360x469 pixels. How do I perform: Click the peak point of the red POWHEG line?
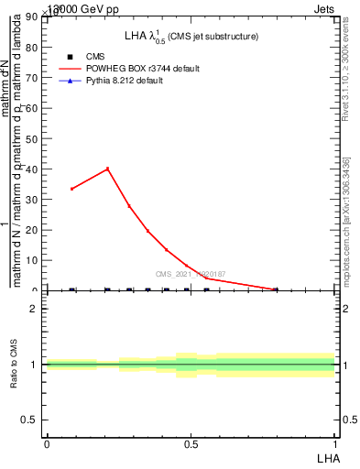coord(108,169)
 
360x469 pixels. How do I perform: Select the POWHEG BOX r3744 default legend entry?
coord(142,69)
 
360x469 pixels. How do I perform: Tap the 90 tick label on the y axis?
coord(30,17)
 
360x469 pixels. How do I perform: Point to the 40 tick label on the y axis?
coord(30,169)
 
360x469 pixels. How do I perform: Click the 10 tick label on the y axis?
coord(30,260)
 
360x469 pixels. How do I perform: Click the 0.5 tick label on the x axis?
coord(191,443)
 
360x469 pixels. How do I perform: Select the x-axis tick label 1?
coord(334,443)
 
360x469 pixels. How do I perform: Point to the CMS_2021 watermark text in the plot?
coord(191,274)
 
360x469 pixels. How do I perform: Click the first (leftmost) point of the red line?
coord(72,189)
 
